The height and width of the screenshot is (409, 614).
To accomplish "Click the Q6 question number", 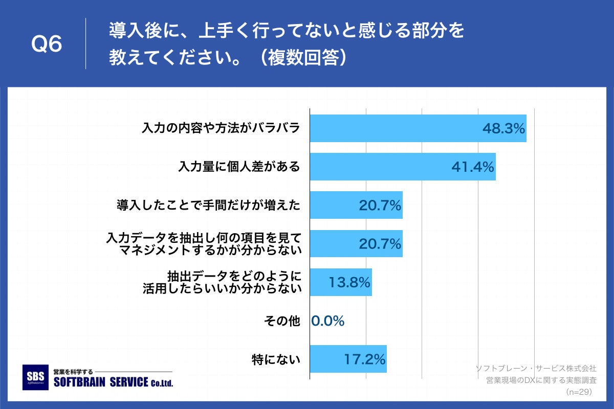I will coord(47,44).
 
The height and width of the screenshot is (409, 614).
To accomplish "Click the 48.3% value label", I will coord(504,129).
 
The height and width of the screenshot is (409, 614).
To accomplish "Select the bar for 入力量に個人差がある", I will coord(403,167).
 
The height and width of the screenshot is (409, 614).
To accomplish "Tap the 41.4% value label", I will coord(473,167).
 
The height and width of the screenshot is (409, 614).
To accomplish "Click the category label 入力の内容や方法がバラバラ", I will coord(220,128).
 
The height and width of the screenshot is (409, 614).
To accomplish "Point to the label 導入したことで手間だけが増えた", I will coord(208,206).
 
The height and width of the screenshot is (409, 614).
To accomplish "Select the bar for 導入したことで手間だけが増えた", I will coord(356,206).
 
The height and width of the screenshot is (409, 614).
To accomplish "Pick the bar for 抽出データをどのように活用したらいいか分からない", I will coord(341,282).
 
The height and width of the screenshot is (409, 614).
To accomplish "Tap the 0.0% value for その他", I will coord(328,321).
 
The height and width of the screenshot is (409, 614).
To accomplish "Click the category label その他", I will coord(281,321).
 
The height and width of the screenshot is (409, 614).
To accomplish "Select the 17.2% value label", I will coord(364,359).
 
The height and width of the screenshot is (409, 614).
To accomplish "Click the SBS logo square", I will coord(36,377).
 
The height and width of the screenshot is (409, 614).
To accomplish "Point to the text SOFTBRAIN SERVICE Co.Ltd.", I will coord(113,382).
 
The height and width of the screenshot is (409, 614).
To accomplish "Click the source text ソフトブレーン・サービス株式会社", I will coord(536,368).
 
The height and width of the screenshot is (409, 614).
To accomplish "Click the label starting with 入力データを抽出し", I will coord(203,244).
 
